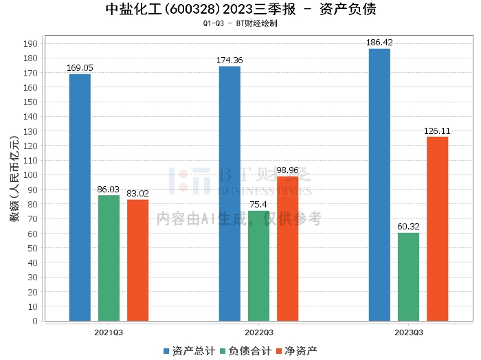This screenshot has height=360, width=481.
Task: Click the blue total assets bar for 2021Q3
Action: [80, 197]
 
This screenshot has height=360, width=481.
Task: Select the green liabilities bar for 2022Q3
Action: [258, 266]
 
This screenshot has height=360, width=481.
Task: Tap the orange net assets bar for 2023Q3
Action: [437, 229]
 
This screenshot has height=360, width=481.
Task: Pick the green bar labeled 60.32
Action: [408, 277]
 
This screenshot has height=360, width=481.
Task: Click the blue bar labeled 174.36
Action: [230, 194]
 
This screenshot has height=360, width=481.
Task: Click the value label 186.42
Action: [379, 43]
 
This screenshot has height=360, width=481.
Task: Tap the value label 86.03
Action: [109, 189]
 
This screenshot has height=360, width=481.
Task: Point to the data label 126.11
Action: [437, 131]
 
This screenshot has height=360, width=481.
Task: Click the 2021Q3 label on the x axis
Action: [109, 332]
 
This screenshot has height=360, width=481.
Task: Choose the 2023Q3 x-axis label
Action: [408, 332]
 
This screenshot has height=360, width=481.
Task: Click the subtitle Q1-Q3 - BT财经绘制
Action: [240, 23]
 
